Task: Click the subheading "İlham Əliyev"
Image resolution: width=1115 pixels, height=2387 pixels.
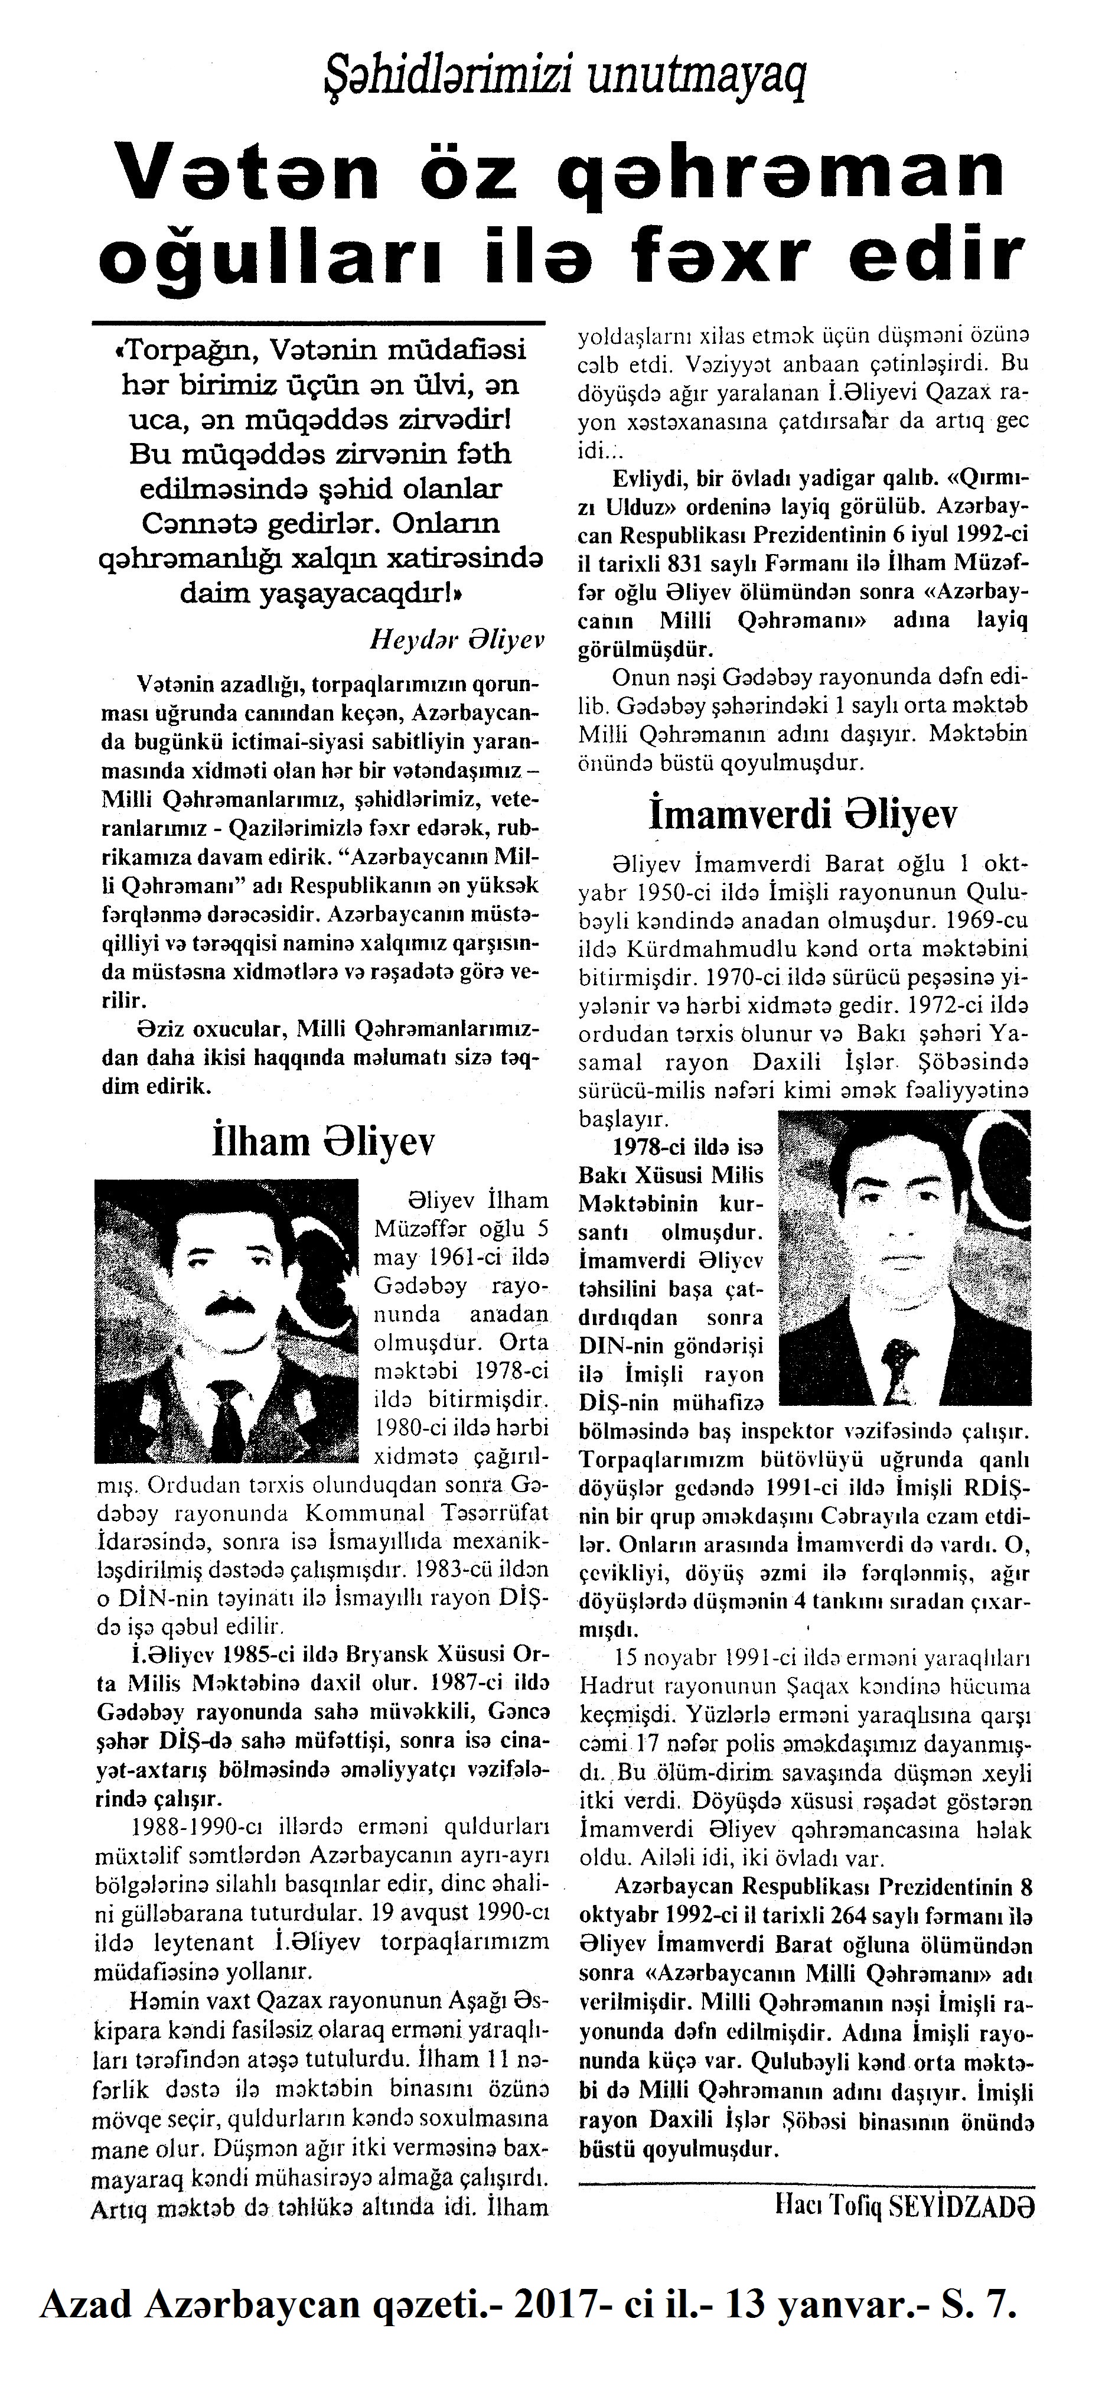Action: point(323,1142)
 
